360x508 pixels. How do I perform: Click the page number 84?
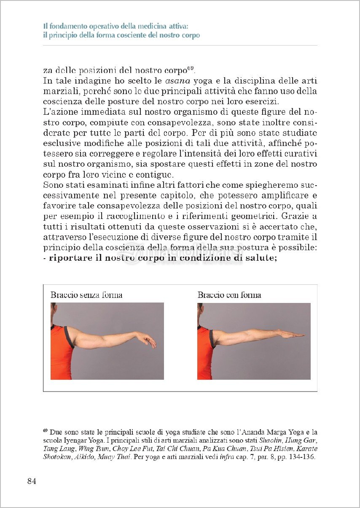[x=32, y=481]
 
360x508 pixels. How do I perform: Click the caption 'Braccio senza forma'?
[x=86, y=295]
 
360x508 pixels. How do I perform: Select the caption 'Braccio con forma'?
[x=229, y=295]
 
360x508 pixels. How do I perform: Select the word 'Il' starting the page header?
[x=46, y=26]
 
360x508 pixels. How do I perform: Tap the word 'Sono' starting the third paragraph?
[x=53, y=185]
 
